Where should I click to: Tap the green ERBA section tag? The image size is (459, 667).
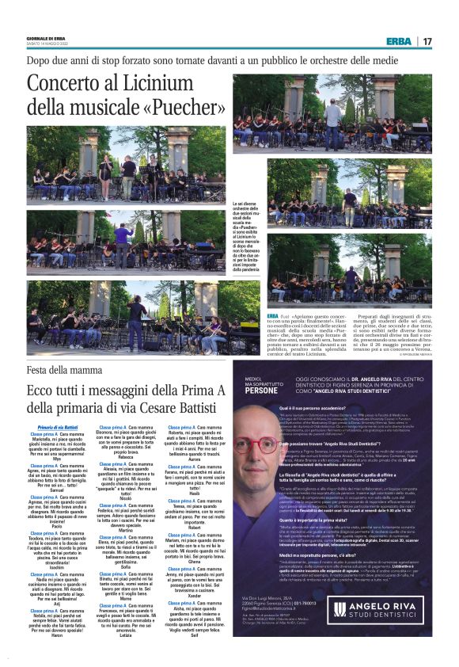(399, 41)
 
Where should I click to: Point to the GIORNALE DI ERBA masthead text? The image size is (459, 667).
(45, 37)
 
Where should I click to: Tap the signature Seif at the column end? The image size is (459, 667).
(195, 637)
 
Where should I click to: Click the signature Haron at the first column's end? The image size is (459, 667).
(57, 637)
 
